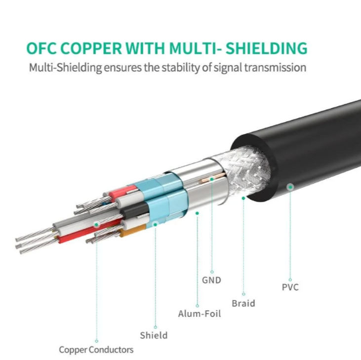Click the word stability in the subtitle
tap(184, 67)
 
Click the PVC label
tap(290, 287)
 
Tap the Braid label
tap(243, 303)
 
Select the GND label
tap(211, 280)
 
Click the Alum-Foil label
tap(200, 314)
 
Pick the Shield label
tap(154, 335)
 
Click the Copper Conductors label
tap(96, 350)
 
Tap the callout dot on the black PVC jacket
tap(290, 187)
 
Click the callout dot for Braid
tap(243, 198)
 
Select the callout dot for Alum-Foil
tap(198, 213)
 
